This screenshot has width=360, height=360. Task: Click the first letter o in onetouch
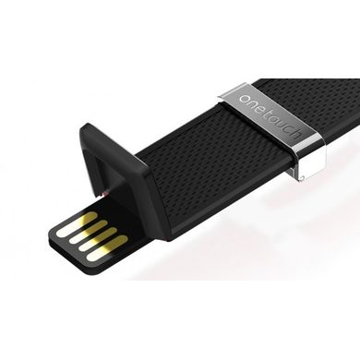click(x=246, y=99)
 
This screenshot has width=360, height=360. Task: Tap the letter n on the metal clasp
click(x=254, y=104)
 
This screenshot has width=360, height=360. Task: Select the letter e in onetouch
click(x=261, y=110)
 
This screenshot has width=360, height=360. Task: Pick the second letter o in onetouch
click(x=275, y=119)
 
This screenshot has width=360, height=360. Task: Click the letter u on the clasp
click(x=282, y=125)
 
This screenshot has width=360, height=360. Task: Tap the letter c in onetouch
click(x=289, y=129)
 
